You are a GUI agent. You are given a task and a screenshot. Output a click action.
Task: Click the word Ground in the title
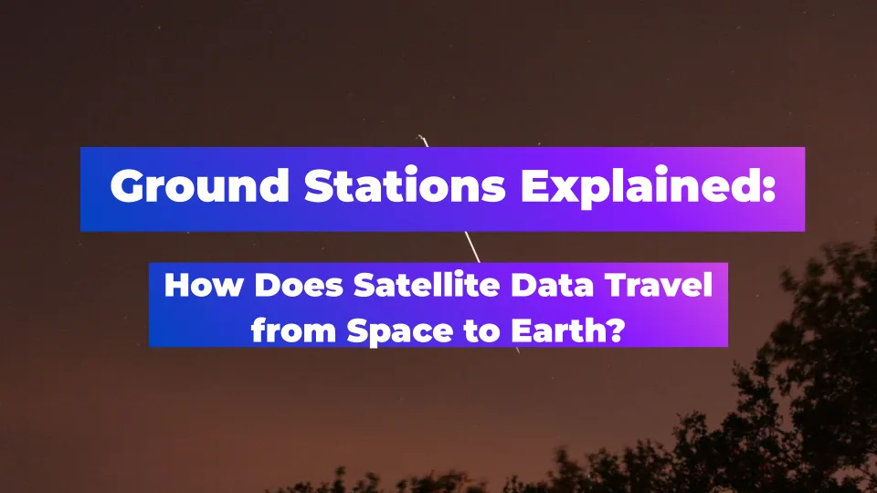click(x=200, y=185)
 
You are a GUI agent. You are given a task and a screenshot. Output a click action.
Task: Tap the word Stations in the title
click(x=405, y=185)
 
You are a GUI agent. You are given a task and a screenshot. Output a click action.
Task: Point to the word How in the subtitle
click(x=204, y=285)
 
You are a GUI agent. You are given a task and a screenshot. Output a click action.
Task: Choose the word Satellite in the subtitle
click(x=427, y=285)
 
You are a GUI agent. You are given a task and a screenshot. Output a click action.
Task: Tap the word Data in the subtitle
click(x=553, y=285)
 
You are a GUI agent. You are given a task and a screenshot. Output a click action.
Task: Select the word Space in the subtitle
click(x=400, y=331)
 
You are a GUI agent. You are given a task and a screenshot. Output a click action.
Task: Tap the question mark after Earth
click(x=617, y=330)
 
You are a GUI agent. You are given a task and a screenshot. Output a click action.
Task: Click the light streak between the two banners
click(x=472, y=247)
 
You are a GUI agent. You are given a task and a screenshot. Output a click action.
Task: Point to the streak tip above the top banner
click(x=418, y=136)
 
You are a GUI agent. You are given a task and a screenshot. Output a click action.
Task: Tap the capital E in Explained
click(x=535, y=185)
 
